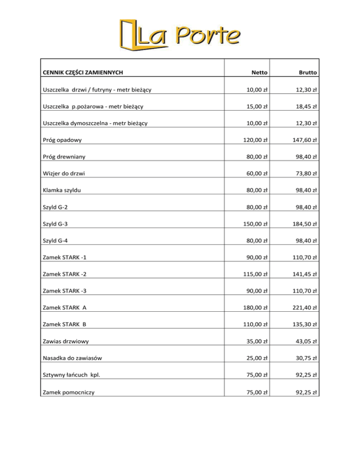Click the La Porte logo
pos(180,34)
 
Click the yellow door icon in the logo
pos(128,34)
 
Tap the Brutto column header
pos(307,73)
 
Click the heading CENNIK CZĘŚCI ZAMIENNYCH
pos(83,73)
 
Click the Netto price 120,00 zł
pos(254,140)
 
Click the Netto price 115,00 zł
pos(254,274)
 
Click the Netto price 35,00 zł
pos(255,342)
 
